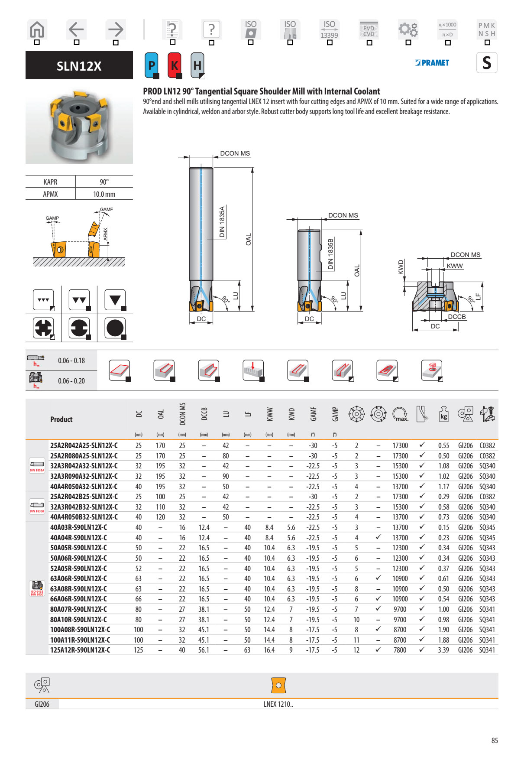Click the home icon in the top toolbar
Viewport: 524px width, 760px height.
[x=37, y=30]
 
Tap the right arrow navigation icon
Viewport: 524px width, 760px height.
[x=116, y=29]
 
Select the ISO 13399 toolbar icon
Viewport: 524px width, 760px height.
[x=329, y=29]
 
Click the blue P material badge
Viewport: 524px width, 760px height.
[x=152, y=65]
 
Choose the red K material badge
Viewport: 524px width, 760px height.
[x=174, y=65]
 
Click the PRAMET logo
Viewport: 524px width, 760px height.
[x=432, y=63]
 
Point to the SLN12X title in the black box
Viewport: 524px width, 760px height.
[x=79, y=66]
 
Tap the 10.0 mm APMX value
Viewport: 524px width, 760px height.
[x=104, y=194]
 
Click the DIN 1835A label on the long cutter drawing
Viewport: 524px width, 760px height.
[x=222, y=221]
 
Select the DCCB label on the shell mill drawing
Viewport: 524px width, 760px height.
[x=456, y=317]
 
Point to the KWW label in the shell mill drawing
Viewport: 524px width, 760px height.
[x=454, y=266]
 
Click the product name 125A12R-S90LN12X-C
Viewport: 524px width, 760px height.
[x=80, y=650]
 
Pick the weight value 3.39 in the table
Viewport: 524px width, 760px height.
[x=443, y=650]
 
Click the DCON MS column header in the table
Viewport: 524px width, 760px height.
[x=182, y=414]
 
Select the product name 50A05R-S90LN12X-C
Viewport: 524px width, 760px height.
[x=78, y=548]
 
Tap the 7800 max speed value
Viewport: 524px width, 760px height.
[x=400, y=650]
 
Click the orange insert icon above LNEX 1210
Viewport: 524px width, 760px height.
[x=278, y=685]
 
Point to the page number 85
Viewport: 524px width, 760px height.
[x=495, y=741]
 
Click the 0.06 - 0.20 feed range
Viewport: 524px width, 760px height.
[x=71, y=381]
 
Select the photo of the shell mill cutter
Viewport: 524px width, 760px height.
[x=79, y=126]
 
